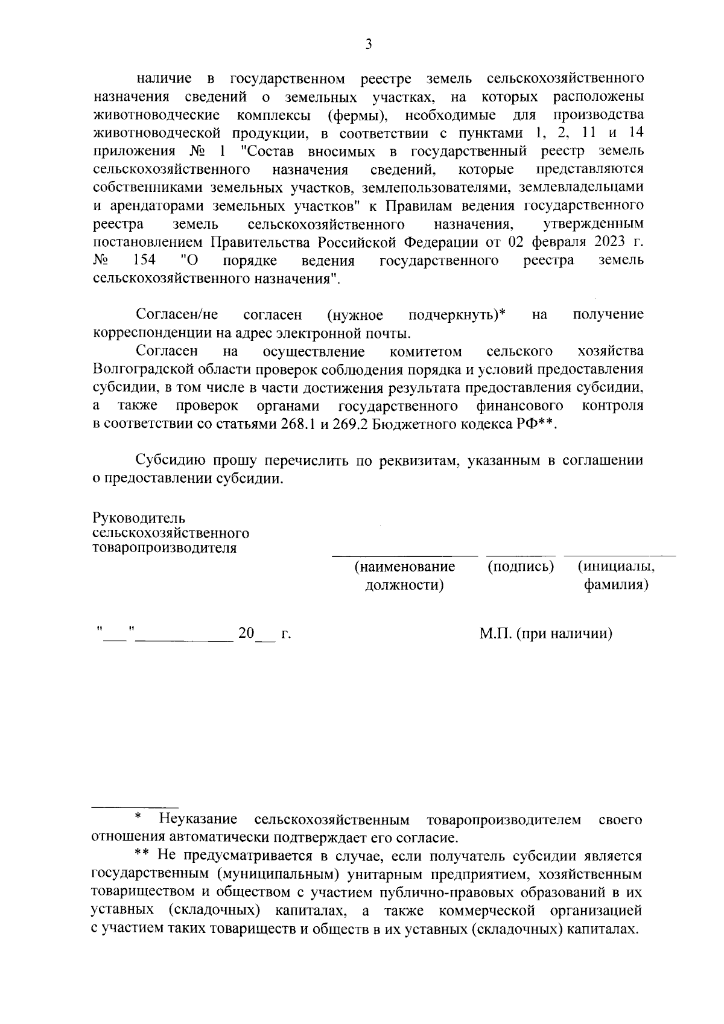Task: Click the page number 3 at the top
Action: click(368, 44)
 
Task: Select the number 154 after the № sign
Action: click(144, 260)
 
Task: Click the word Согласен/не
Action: click(177, 314)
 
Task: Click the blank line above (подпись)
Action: click(520, 554)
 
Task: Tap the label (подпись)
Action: click(520, 567)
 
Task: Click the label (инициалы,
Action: click(615, 567)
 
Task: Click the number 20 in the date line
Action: click(246, 634)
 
